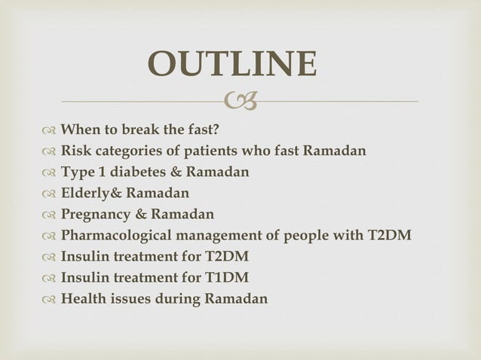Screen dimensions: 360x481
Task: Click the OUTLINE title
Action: (x=232, y=65)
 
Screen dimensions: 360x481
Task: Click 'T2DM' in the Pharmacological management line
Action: (x=389, y=236)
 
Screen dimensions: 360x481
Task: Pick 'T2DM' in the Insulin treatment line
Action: (x=226, y=257)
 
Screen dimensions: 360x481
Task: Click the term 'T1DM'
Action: (x=225, y=278)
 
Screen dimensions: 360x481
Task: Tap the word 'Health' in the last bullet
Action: (x=82, y=299)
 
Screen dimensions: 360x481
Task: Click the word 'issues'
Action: (x=127, y=299)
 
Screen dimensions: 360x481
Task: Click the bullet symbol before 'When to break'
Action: (x=48, y=130)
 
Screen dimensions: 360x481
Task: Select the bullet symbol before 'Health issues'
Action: (x=48, y=299)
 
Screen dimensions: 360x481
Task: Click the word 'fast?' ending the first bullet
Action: (x=201, y=130)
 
